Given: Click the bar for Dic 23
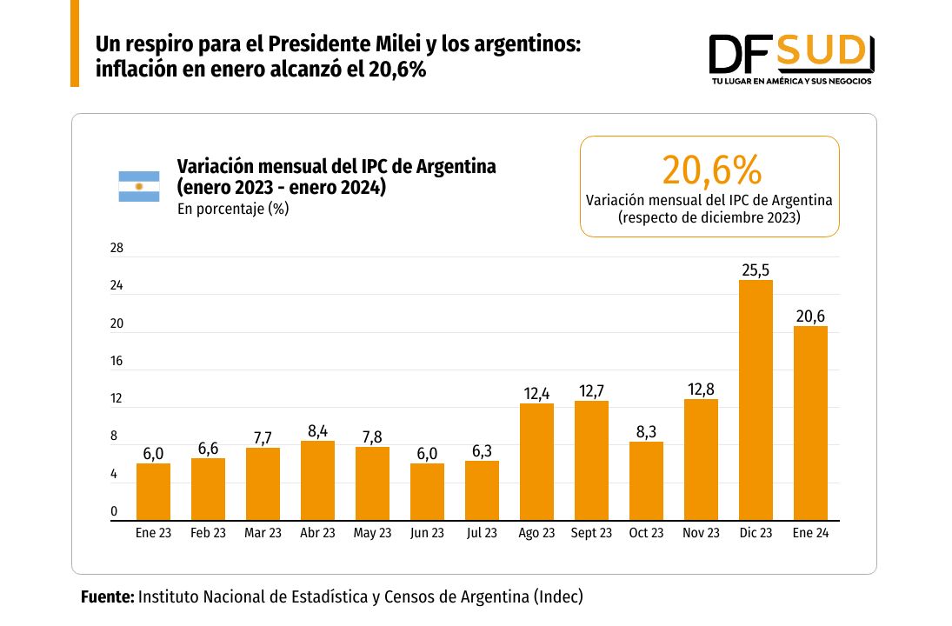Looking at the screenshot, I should pyautogui.click(x=756, y=400).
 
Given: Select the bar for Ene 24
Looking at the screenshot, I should pyautogui.click(x=810, y=423).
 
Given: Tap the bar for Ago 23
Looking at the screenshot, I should pyautogui.click(x=536, y=462).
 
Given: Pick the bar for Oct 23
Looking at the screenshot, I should pyautogui.click(x=646, y=481).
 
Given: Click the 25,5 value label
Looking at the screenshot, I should pyautogui.click(x=756, y=270).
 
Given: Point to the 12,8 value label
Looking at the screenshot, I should pyautogui.click(x=701, y=390).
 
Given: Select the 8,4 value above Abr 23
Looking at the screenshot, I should pyautogui.click(x=317, y=431).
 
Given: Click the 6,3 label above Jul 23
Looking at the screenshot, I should pyautogui.click(x=482, y=451).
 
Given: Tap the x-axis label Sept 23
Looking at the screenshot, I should pyautogui.click(x=591, y=533).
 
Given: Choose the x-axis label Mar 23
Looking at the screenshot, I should pyautogui.click(x=263, y=533).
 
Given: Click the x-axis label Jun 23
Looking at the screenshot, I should pyautogui.click(x=427, y=533).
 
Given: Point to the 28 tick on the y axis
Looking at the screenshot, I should pyautogui.click(x=117, y=248).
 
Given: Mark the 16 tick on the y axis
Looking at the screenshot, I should pyautogui.click(x=117, y=362).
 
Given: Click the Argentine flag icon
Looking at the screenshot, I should pyautogui.click(x=139, y=186).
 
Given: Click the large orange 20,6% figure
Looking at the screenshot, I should pyautogui.click(x=711, y=170).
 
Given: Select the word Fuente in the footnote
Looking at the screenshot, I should pyautogui.click(x=107, y=597).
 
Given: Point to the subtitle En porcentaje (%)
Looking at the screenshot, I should pyautogui.click(x=233, y=209).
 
